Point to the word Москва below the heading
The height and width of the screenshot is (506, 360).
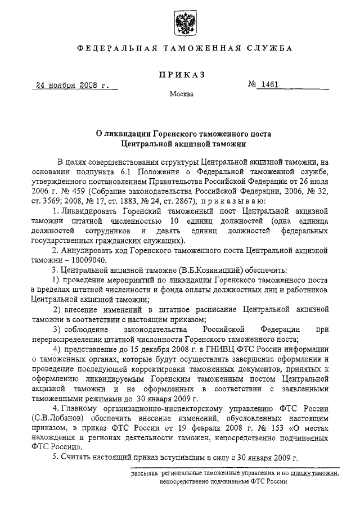181,94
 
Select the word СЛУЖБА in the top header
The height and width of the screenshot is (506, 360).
269,48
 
